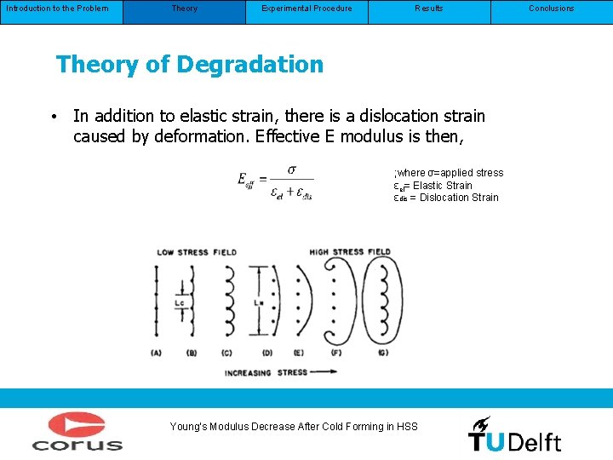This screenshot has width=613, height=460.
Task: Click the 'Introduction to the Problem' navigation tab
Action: (56, 9)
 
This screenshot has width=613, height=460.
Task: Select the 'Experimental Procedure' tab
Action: (306, 9)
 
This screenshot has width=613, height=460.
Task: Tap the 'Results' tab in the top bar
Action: (429, 9)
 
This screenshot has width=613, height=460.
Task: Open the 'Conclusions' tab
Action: (552, 9)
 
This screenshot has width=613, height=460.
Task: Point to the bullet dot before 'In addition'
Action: (54, 117)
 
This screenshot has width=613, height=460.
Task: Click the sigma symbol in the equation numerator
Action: (292, 170)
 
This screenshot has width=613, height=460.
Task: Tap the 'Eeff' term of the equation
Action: (247, 180)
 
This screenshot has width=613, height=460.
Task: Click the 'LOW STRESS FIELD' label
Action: (197, 252)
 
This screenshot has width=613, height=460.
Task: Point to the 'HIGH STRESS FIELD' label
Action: (350, 252)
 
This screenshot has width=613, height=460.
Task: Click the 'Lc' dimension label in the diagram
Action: (179, 303)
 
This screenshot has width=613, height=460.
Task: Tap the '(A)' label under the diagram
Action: (157, 353)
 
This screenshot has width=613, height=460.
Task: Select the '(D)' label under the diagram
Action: (266, 353)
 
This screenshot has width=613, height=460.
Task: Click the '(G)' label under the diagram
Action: (384, 353)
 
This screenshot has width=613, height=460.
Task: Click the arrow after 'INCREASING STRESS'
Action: (324, 371)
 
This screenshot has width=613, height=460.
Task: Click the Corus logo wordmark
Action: (77, 444)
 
